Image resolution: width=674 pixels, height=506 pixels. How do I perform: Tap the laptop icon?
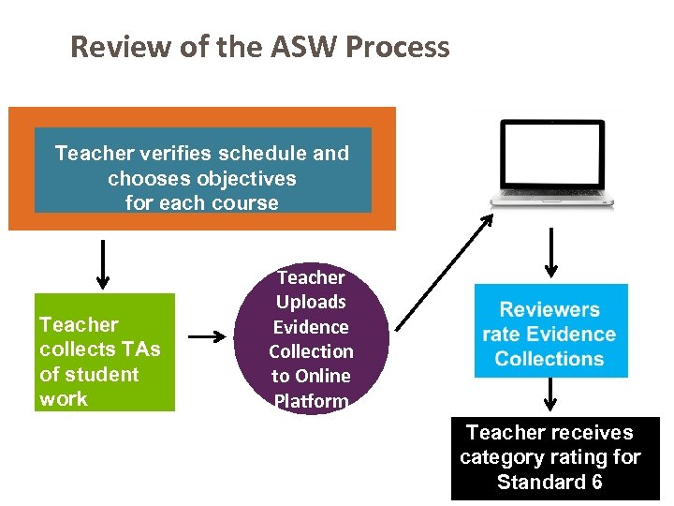555,163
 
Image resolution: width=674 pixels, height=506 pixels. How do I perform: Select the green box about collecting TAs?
105,352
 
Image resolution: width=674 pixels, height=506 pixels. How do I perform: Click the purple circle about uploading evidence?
311,339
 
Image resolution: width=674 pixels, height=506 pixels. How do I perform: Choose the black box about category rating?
555,458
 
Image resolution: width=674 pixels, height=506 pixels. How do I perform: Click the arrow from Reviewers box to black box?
550,396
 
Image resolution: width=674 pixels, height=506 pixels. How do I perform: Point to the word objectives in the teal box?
242,178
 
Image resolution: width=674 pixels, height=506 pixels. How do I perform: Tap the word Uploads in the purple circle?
311,302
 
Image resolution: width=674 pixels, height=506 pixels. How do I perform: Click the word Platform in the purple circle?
311,401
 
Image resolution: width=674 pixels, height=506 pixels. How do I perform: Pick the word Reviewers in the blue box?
549,309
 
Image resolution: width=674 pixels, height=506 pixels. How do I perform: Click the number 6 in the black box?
595,483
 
